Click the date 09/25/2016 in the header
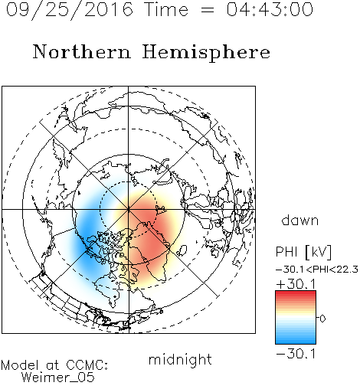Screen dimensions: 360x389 pyautogui.click(x=70, y=10)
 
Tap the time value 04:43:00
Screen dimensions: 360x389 pyautogui.click(x=270, y=9)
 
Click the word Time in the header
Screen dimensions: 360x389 pyautogui.click(x=166, y=9)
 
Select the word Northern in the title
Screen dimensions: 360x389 pyautogui.click(x=82, y=52)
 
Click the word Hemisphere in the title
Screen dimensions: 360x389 pyautogui.click(x=206, y=53)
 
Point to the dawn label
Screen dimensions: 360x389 pyautogui.click(x=299, y=220)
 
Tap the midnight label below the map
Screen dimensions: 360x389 pyautogui.click(x=180, y=359)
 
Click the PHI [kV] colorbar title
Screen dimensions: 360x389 pyautogui.click(x=303, y=252)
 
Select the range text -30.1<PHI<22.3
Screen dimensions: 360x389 pyautogui.click(x=317, y=270)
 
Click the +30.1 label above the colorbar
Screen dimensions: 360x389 pyautogui.click(x=296, y=284)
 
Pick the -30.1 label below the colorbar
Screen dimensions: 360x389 pyautogui.click(x=296, y=354)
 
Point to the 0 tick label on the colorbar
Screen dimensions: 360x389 pyautogui.click(x=322, y=319)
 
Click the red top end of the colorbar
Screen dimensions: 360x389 pyautogui.click(x=296, y=293)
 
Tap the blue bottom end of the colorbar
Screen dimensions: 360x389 pyautogui.click(x=296, y=342)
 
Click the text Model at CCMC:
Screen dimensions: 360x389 pyautogui.click(x=54, y=365)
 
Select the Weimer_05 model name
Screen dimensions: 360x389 pyautogui.click(x=58, y=378)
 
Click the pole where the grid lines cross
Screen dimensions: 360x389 pyautogui.click(x=129, y=209)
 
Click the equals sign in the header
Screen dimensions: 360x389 pyautogui.click(x=208, y=10)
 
